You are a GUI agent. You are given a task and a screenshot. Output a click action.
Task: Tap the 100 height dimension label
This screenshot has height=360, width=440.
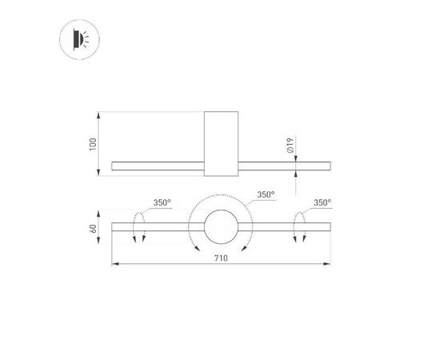pyautogui.click(x=93, y=144)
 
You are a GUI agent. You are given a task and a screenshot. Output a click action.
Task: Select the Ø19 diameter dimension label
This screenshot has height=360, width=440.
pyautogui.click(x=292, y=146)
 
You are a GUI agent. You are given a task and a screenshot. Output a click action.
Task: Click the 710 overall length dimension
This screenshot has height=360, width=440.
pyautogui.click(x=220, y=259)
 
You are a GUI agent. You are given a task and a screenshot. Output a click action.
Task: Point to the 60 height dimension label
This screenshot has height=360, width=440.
pyautogui.click(x=93, y=229)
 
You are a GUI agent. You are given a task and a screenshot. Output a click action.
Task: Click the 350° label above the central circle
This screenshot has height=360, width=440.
pyautogui.click(x=266, y=194)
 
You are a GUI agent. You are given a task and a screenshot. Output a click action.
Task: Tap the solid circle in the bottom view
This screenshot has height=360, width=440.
pyautogui.click(x=220, y=228)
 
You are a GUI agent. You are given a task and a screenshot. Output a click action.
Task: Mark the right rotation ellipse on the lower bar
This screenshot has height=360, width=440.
pyautogui.click(x=301, y=227)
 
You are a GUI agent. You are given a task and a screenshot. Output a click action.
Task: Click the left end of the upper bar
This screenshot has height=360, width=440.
pyautogui.click(x=114, y=166)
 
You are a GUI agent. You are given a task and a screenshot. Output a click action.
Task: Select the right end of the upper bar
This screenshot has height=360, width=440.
pyautogui.click(x=329, y=166)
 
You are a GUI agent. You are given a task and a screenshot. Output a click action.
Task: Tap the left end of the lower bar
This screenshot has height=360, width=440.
pyautogui.click(x=114, y=227)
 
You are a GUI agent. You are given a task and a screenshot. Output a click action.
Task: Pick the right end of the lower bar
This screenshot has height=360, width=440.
pyautogui.click(x=329, y=227)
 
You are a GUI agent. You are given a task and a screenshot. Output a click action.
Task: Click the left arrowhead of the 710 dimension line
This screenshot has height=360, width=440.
pyautogui.click(x=114, y=265)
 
